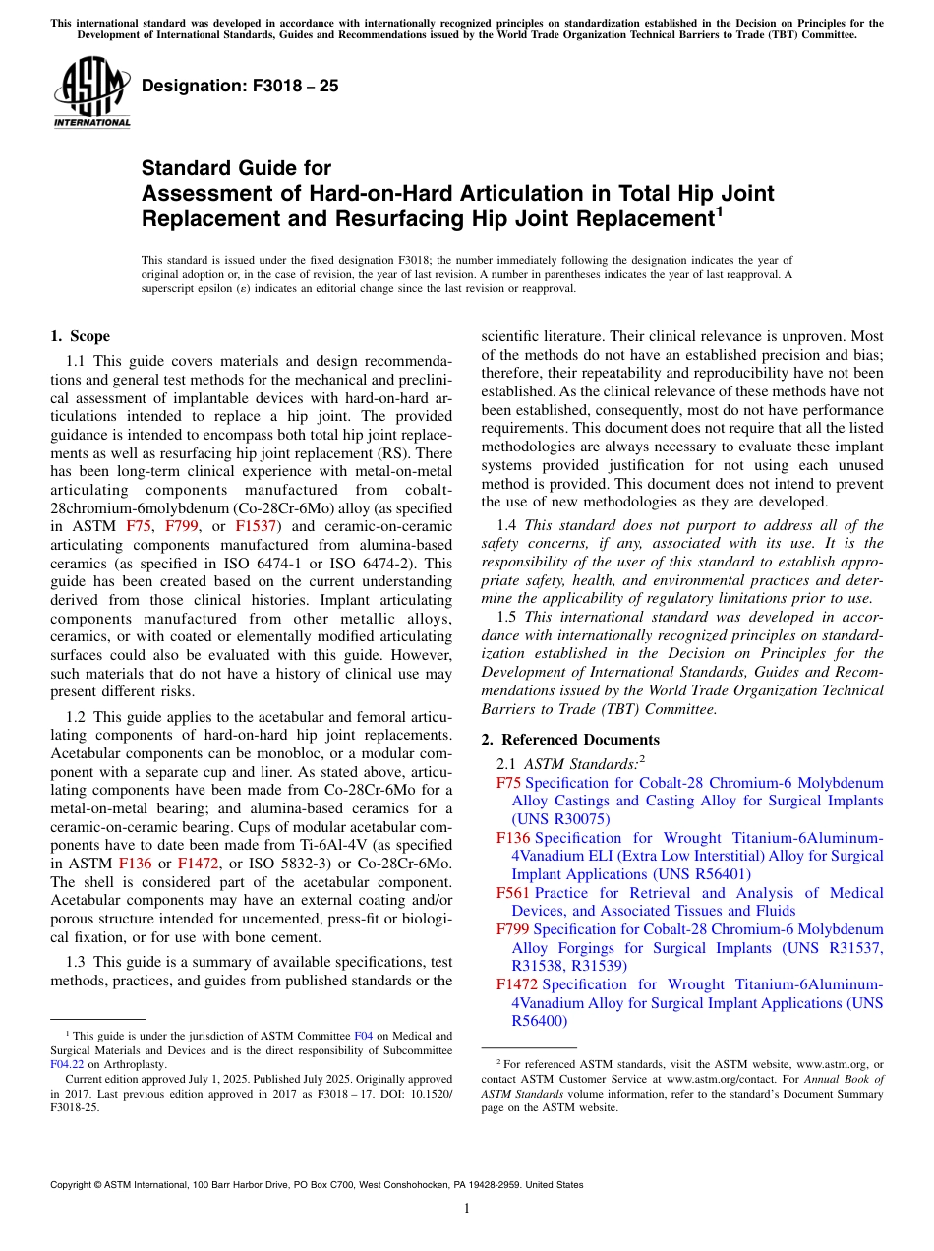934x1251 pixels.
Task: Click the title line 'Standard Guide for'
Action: click(236, 168)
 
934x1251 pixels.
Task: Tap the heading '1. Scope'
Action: click(80, 336)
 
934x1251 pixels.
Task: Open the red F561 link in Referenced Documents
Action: click(513, 893)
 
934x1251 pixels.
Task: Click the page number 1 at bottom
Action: click(467, 1208)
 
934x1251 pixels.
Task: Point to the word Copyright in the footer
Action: click(74, 1185)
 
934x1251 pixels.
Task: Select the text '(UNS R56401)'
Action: click(702, 873)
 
